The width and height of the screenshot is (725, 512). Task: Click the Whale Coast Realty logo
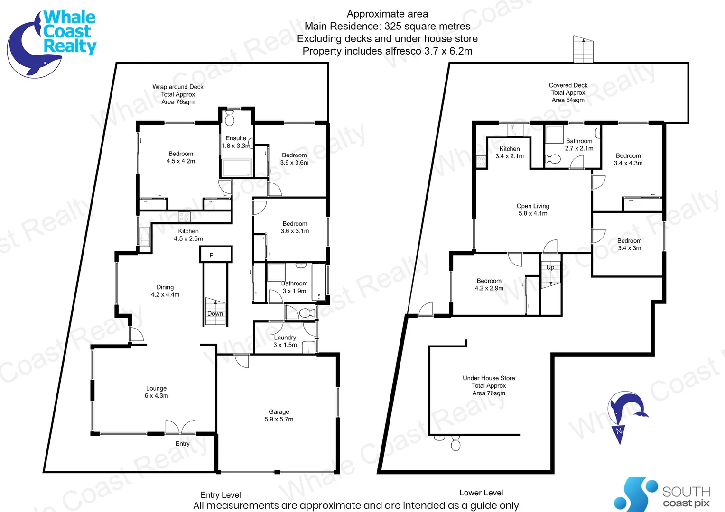point(51,43)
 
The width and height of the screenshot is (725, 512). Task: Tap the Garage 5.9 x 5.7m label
point(279,416)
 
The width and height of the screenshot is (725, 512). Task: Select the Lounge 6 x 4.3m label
point(156,392)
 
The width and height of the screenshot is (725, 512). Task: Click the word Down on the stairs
point(215,313)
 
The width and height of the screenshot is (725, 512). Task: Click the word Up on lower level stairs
point(550,267)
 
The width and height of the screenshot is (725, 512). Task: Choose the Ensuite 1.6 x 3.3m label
point(236,142)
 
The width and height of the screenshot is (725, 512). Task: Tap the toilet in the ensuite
point(230,119)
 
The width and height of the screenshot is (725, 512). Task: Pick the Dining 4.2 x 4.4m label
point(165,291)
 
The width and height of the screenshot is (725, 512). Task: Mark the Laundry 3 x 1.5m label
point(285,341)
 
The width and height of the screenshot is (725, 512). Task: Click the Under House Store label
point(489,385)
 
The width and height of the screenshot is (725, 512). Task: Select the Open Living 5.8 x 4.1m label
point(533,210)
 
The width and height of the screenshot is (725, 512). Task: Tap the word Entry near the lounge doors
point(183,444)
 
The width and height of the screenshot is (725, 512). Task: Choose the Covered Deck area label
point(568,92)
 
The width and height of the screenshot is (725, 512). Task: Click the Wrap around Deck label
point(178,94)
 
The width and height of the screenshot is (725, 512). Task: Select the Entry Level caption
point(221,495)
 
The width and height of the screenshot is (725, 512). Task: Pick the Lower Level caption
point(481,493)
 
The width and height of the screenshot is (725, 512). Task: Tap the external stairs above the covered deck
point(583,49)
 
